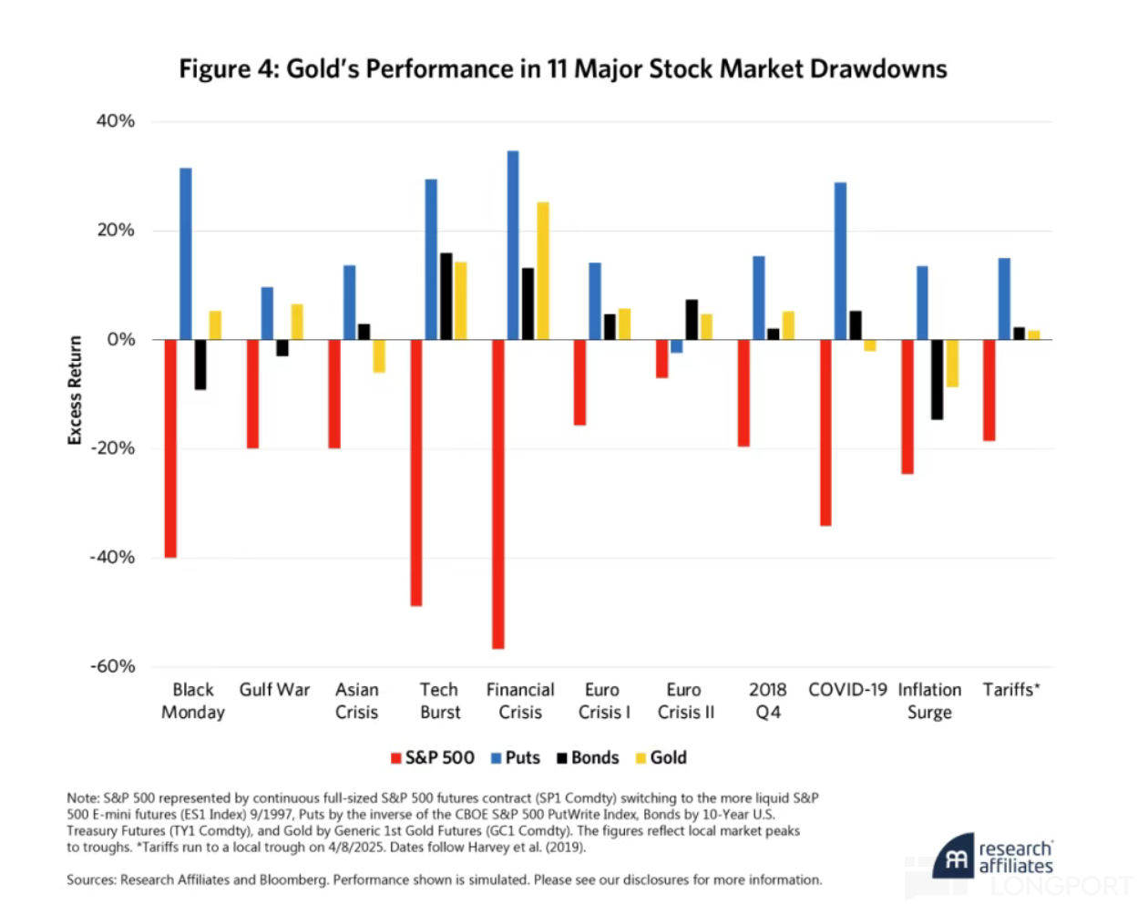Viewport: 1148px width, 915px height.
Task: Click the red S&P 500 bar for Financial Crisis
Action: [498, 494]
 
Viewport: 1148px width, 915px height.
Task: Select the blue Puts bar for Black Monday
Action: [186, 253]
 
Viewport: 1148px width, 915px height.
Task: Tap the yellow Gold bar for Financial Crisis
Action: [543, 271]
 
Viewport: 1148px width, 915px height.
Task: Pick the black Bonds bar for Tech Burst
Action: [446, 296]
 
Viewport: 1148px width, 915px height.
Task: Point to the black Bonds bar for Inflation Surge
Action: [937, 379]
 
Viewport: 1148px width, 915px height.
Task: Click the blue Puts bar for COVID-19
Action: [840, 261]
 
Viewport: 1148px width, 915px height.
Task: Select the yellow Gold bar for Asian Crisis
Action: [379, 355]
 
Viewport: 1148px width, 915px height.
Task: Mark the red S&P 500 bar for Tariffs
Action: [989, 390]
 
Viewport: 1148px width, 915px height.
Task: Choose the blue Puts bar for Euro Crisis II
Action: [676, 346]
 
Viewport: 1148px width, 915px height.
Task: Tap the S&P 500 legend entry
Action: [433, 758]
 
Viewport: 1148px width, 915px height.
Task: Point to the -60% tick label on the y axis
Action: [113, 666]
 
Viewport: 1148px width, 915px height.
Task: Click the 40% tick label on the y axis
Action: [116, 121]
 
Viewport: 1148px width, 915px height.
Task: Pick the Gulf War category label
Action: [274, 690]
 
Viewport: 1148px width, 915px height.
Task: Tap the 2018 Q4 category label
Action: [767, 701]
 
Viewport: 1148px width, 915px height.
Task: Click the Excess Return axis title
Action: [75, 390]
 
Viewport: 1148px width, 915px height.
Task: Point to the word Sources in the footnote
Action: [90, 880]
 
